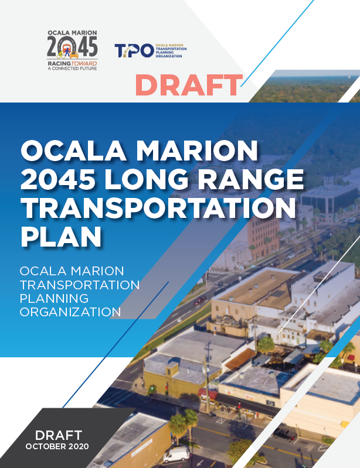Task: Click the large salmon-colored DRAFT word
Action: pos(189,85)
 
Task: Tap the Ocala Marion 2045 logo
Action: pos(72,50)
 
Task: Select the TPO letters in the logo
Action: pos(134,50)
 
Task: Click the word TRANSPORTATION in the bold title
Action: pos(158,208)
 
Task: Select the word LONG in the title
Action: pos(146,179)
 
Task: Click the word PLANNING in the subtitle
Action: pos(54,298)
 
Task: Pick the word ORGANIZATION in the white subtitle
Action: pos(70,312)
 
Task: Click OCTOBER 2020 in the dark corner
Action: pos(57,446)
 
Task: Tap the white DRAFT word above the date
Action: pos(59,435)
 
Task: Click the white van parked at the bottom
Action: pos(176,455)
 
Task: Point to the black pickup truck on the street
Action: pos(285,434)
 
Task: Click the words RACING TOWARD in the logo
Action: pos(72,64)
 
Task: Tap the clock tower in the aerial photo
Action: pos(328,178)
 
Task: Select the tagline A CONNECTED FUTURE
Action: pos(72,69)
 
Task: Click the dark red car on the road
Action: pos(199,300)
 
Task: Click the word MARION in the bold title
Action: pos(196,151)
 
